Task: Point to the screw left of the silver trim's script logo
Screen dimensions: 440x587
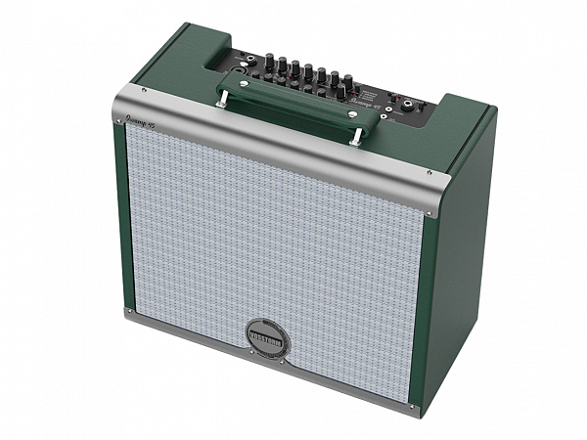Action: [x=144, y=90]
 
